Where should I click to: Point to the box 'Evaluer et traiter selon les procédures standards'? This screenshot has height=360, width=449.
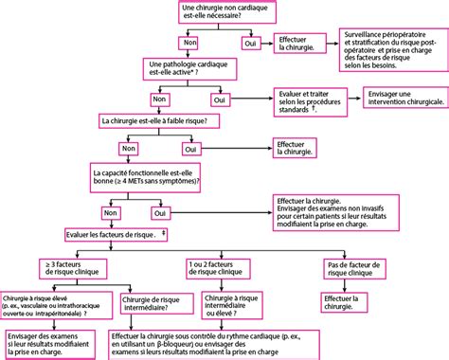coord(311,100)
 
